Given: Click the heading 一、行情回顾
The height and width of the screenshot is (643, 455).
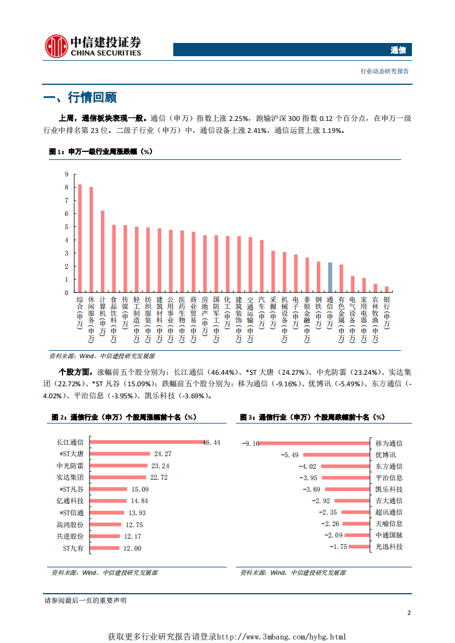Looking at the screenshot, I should [80, 97].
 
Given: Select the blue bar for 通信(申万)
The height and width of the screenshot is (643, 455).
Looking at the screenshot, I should [330, 277].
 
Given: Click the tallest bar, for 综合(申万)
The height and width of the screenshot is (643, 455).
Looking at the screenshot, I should [80, 238].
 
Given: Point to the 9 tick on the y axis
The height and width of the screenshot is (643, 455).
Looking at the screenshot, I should [67, 174].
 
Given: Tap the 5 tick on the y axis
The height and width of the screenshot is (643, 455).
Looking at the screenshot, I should [67, 227].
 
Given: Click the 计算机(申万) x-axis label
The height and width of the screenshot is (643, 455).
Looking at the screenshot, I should [103, 315].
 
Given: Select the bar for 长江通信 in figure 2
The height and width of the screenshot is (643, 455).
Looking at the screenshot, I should [147, 442].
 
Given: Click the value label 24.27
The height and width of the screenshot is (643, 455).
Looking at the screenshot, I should [163, 454].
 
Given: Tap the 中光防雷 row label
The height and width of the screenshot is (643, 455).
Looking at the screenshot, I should [70, 465].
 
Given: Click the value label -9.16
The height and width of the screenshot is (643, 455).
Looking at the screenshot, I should [251, 443].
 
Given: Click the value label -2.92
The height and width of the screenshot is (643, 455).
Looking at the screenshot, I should [321, 501].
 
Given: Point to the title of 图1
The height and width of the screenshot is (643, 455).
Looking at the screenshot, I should [100, 152].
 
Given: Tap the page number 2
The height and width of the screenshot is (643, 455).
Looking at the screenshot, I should [409, 613].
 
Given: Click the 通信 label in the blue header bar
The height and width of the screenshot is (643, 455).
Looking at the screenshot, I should [398, 50].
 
